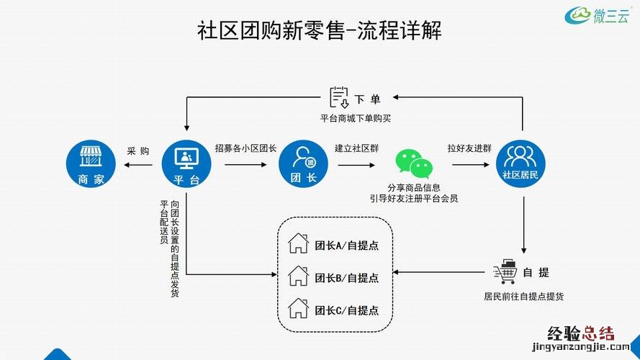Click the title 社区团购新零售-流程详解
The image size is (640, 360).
coord(319,31)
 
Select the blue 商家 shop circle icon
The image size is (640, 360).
coord(90,163)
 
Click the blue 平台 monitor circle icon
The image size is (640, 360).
coord(186,163)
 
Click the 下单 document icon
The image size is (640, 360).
coord(338,97)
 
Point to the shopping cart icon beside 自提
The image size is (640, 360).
coord(505,271)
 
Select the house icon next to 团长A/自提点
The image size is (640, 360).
coord(298,243)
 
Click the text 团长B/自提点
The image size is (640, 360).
coord(347,277)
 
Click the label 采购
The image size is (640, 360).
coord(138,151)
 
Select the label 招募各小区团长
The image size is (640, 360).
coord(245,149)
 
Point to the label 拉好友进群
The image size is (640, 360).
coord(469,149)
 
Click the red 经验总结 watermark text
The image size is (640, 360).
coord(581,333)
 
